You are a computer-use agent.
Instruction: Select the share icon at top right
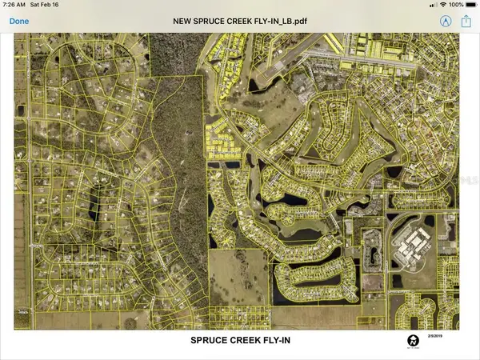pos(466,21)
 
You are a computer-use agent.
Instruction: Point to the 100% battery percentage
pos(455,5)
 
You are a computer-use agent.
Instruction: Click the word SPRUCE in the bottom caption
pos(210,340)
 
